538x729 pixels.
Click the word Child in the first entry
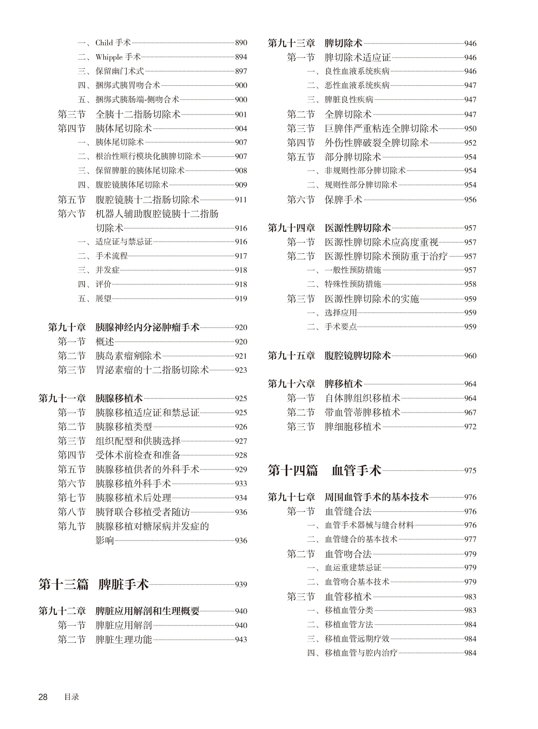[104, 43]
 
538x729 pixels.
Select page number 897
[241, 71]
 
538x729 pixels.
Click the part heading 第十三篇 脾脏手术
[93, 585]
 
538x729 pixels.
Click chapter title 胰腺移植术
[119, 398]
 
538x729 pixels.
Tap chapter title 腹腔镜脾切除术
[357, 356]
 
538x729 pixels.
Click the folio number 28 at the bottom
[43, 697]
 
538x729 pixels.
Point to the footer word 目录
[72, 697]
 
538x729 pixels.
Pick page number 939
[241, 585]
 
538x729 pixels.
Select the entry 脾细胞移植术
[353, 427]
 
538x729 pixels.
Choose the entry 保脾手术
[343, 200]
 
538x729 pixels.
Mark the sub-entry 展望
[103, 298]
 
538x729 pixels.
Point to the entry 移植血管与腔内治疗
[361, 653]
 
